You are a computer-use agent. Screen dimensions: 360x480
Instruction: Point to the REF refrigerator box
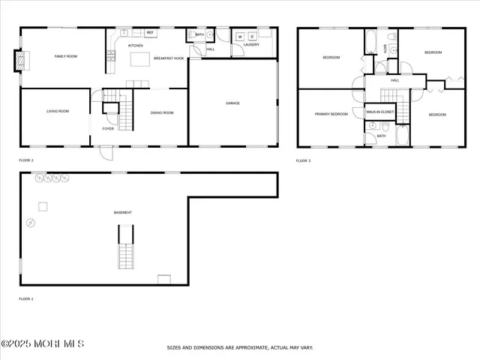pyautogui.click(x=150, y=33)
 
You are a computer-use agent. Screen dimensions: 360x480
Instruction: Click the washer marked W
pyautogui.click(x=240, y=37)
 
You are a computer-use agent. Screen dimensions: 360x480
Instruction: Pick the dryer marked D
pyautogui.click(x=252, y=37)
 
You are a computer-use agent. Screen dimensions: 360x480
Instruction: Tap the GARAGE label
pyautogui.click(x=233, y=103)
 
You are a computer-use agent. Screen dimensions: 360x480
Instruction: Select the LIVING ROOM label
pyautogui.click(x=58, y=111)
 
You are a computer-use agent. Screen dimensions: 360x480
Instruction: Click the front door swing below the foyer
pyautogui.click(x=107, y=152)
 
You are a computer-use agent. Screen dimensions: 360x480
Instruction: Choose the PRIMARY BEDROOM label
pyautogui.click(x=331, y=115)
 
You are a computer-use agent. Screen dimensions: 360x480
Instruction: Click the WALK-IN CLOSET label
pyautogui.click(x=379, y=112)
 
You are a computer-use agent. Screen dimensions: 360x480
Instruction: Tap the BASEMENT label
pyautogui.click(x=123, y=212)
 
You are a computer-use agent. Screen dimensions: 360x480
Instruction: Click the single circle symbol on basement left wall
pyautogui.click(x=31, y=223)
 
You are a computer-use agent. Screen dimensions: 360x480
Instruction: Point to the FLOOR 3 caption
pyautogui.click(x=303, y=160)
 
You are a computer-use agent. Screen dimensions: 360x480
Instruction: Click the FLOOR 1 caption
pyautogui.click(x=26, y=298)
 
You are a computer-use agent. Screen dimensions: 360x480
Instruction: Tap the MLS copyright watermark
pyautogui.click(x=43, y=343)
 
